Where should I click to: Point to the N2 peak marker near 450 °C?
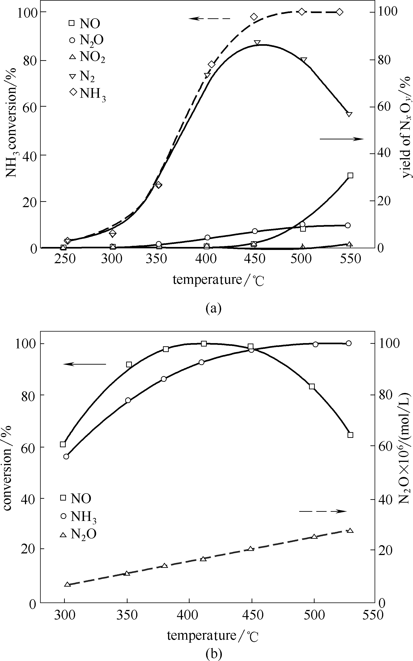tap(257, 43)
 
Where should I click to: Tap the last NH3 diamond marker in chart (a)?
tap(340, 12)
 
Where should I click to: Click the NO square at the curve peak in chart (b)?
tap(204, 344)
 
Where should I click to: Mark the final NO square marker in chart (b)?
tap(351, 435)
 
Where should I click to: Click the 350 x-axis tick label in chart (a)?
tap(156, 259)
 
